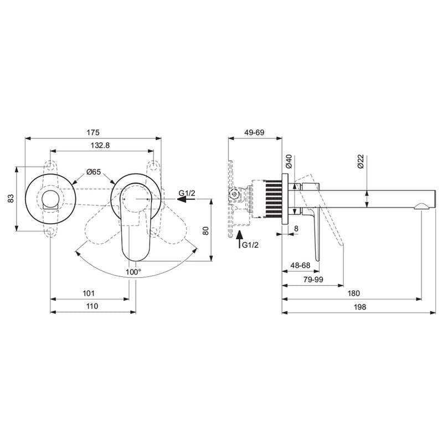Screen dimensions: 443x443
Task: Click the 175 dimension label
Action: point(93,132)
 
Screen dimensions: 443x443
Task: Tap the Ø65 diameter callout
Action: point(93,172)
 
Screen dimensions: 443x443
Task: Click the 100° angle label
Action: point(133,272)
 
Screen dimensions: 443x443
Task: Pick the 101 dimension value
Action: point(90,292)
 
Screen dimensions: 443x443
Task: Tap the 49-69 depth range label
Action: point(255,132)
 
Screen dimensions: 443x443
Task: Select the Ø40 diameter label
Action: point(288,162)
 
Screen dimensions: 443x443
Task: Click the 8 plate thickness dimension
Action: point(296,228)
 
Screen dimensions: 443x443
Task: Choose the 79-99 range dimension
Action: point(312,280)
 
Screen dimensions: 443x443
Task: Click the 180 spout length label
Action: point(353,293)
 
